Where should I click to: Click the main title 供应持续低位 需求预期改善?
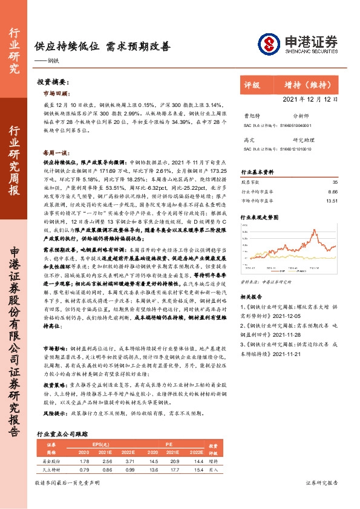[x=102, y=45]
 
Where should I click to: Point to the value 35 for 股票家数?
[x=335, y=181]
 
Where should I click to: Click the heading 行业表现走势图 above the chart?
[x=261, y=216]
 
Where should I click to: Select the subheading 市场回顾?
[x=57, y=94]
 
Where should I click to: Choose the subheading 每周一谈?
[x=57, y=153]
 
